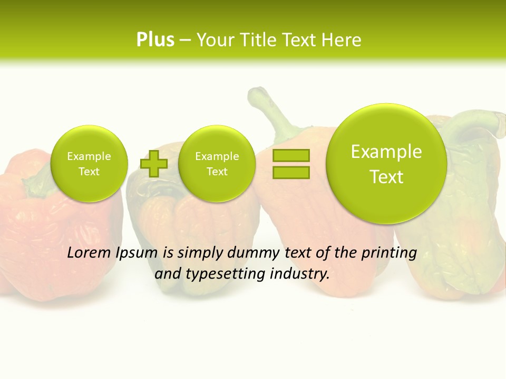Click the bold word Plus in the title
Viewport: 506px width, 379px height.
155,40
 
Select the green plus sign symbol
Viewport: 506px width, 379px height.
154,163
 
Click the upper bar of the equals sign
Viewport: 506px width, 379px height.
291,155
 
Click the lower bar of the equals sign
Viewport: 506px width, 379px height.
291,172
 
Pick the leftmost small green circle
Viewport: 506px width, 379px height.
89,164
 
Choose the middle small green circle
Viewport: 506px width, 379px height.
217,164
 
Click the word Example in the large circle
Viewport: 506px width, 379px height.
386,152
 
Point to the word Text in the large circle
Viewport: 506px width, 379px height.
386,177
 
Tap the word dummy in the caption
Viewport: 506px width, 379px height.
255,253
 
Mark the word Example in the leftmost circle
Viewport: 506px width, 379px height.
89,156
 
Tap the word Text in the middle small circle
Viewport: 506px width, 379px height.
217,172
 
